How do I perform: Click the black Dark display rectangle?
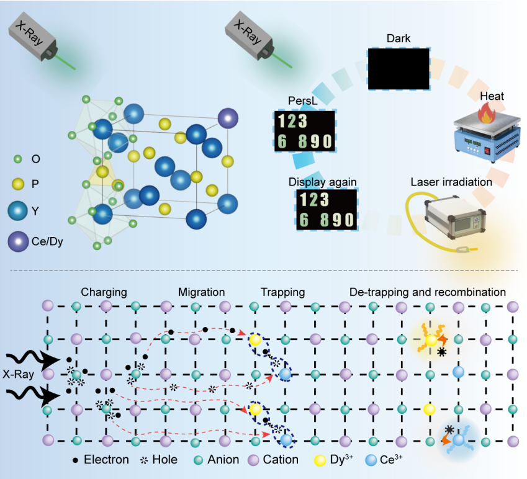pyautogui.click(x=399, y=69)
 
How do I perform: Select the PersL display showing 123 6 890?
pyautogui.click(x=305, y=132)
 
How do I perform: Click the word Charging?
pyautogui.click(x=103, y=292)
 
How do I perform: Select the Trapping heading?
pyautogui.click(x=282, y=292)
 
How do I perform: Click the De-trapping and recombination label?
pyautogui.click(x=428, y=292)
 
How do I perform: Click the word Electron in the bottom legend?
pyautogui.click(x=106, y=460)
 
